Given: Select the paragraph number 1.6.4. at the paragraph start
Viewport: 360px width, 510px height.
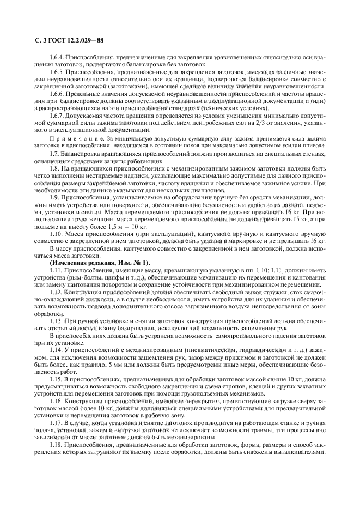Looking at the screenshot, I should point(57,57).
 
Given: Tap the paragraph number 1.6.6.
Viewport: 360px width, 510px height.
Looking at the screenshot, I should point(57,94).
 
